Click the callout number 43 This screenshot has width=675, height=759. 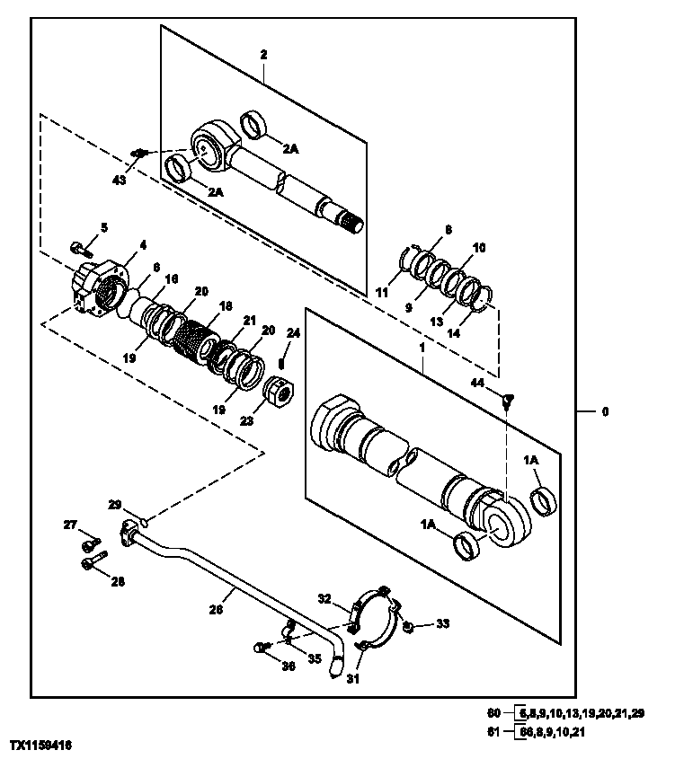click(x=120, y=180)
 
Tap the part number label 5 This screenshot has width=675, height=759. click(x=104, y=227)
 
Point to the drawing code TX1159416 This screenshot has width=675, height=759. click(x=41, y=746)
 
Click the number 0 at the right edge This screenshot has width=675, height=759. click(x=605, y=412)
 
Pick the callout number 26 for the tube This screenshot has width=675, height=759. click(x=216, y=608)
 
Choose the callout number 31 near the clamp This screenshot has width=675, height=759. click(x=352, y=679)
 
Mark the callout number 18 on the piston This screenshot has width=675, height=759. click(x=225, y=306)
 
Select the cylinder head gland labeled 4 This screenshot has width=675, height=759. click(x=101, y=287)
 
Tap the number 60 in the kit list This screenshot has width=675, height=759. click(x=493, y=713)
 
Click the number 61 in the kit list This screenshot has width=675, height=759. click(x=493, y=731)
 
